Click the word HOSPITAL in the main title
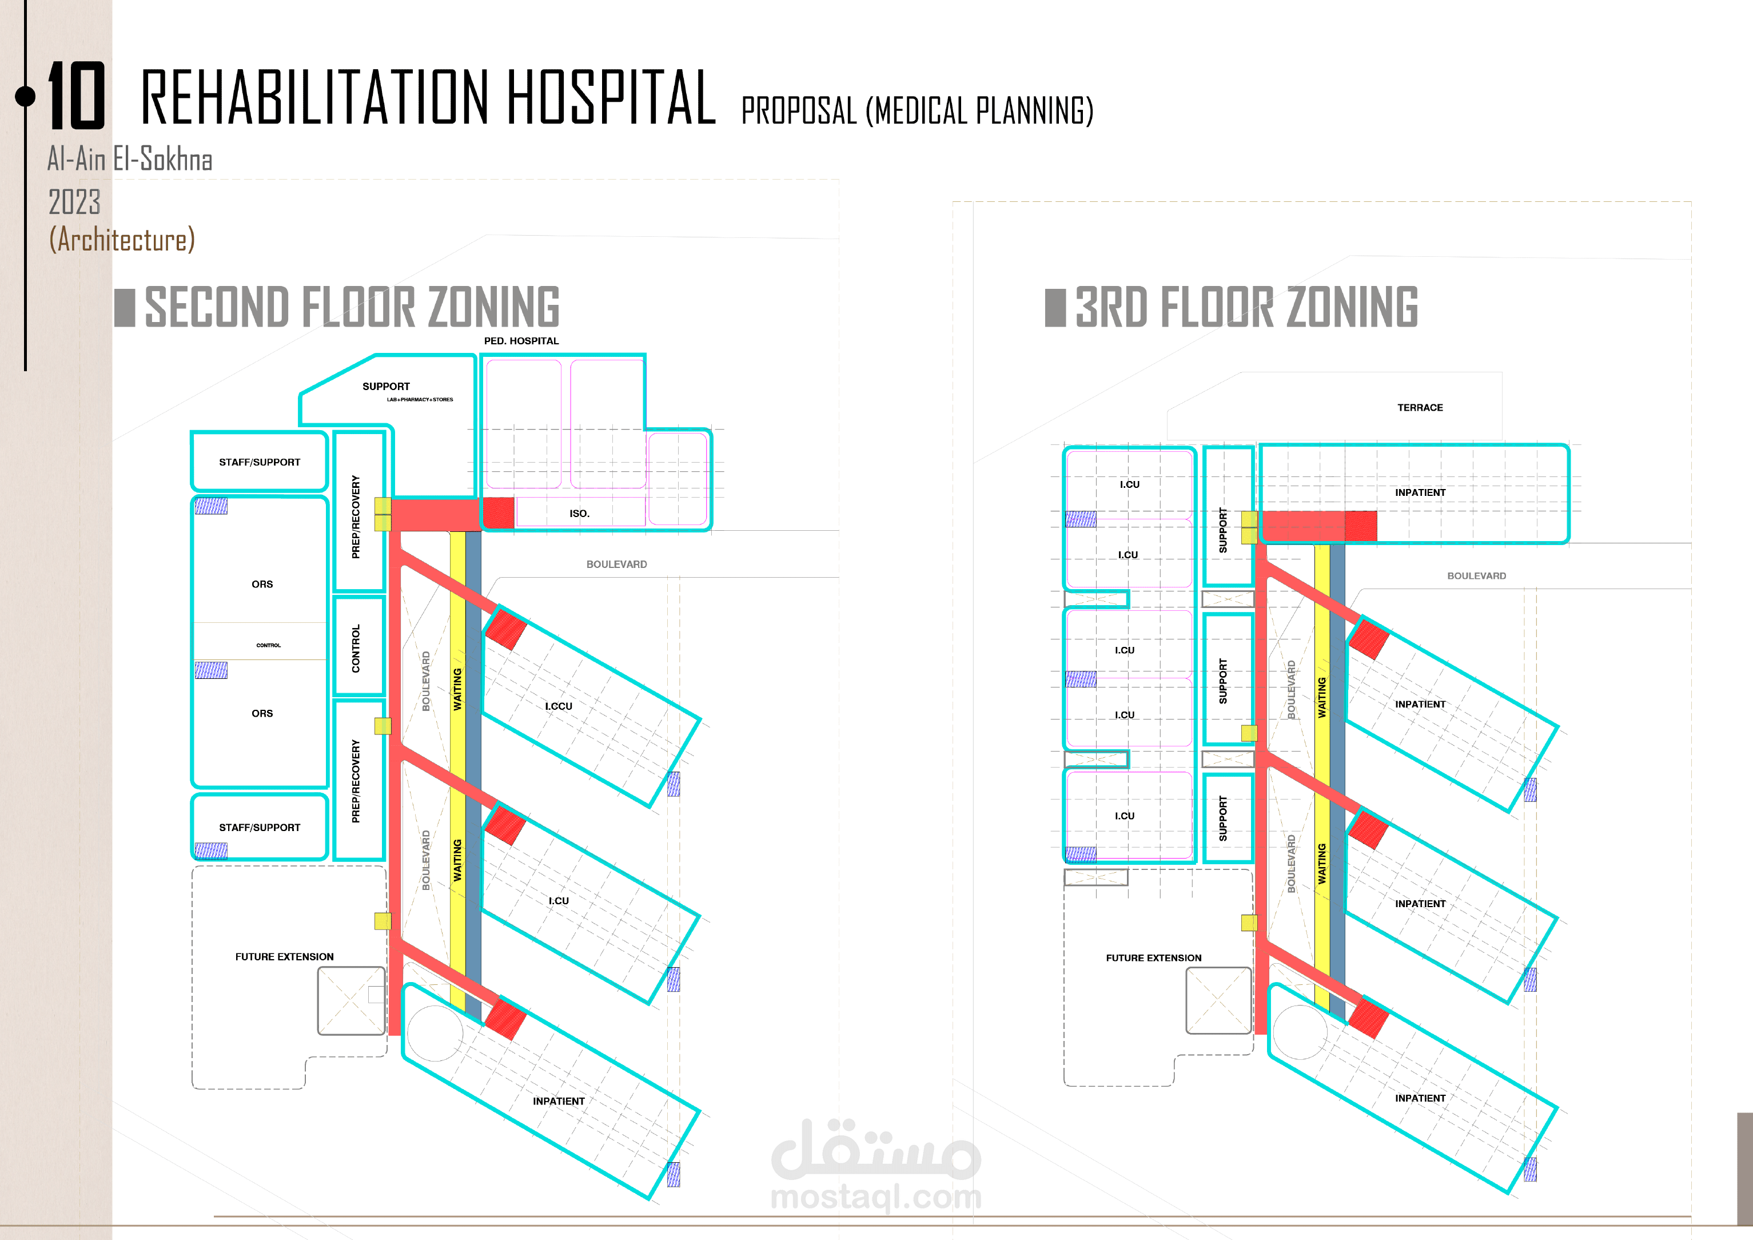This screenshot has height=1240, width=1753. pyautogui.click(x=611, y=98)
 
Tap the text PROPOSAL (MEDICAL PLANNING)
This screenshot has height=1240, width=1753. pyautogui.click(x=917, y=112)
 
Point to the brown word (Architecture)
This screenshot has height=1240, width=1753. pyautogui.click(x=122, y=240)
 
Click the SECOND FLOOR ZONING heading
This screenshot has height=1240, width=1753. pyautogui.click(x=352, y=307)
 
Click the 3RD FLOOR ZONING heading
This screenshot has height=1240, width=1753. pyautogui.click(x=1246, y=307)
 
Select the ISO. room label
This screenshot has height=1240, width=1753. pyautogui.click(x=580, y=514)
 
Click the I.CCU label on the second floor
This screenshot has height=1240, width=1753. pyautogui.click(x=558, y=706)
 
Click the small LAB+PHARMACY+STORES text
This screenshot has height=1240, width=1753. pyautogui.click(x=419, y=399)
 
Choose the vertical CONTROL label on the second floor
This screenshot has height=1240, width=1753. pyautogui.click(x=356, y=648)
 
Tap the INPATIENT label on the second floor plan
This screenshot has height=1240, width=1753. pyautogui.click(x=558, y=1101)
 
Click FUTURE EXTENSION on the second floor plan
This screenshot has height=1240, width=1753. pyautogui.click(x=284, y=957)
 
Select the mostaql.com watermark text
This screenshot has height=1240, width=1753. pyautogui.click(x=876, y=1197)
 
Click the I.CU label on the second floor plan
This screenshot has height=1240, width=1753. pyautogui.click(x=558, y=901)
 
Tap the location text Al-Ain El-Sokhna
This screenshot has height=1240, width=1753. pyautogui.click(x=130, y=160)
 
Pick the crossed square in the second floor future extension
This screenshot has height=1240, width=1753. pyautogui.click(x=351, y=1001)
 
